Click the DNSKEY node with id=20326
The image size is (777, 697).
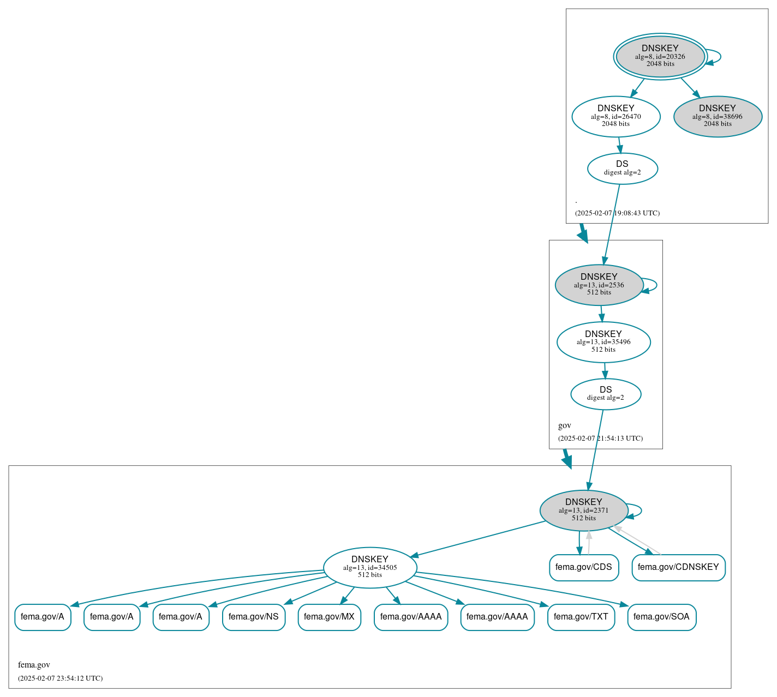660,56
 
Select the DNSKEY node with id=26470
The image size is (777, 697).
615,116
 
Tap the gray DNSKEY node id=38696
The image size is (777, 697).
718,116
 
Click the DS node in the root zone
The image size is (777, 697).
622,168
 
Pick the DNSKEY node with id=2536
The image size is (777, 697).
599,285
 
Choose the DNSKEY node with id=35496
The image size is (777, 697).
603,342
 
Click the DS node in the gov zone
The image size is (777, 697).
606,394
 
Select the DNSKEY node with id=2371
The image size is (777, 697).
583,510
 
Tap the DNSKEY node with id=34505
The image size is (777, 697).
370,567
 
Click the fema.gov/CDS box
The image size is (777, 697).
584,567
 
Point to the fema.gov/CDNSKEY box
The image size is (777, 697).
678,567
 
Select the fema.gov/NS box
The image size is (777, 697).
253,617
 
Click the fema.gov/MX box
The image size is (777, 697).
329,617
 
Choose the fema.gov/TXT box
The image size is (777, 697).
581,617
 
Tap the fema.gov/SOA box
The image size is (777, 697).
661,617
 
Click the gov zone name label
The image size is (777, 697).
564,425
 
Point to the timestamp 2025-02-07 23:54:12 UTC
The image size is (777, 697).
60,678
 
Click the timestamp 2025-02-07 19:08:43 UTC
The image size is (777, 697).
617,213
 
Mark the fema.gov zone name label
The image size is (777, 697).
34,665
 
